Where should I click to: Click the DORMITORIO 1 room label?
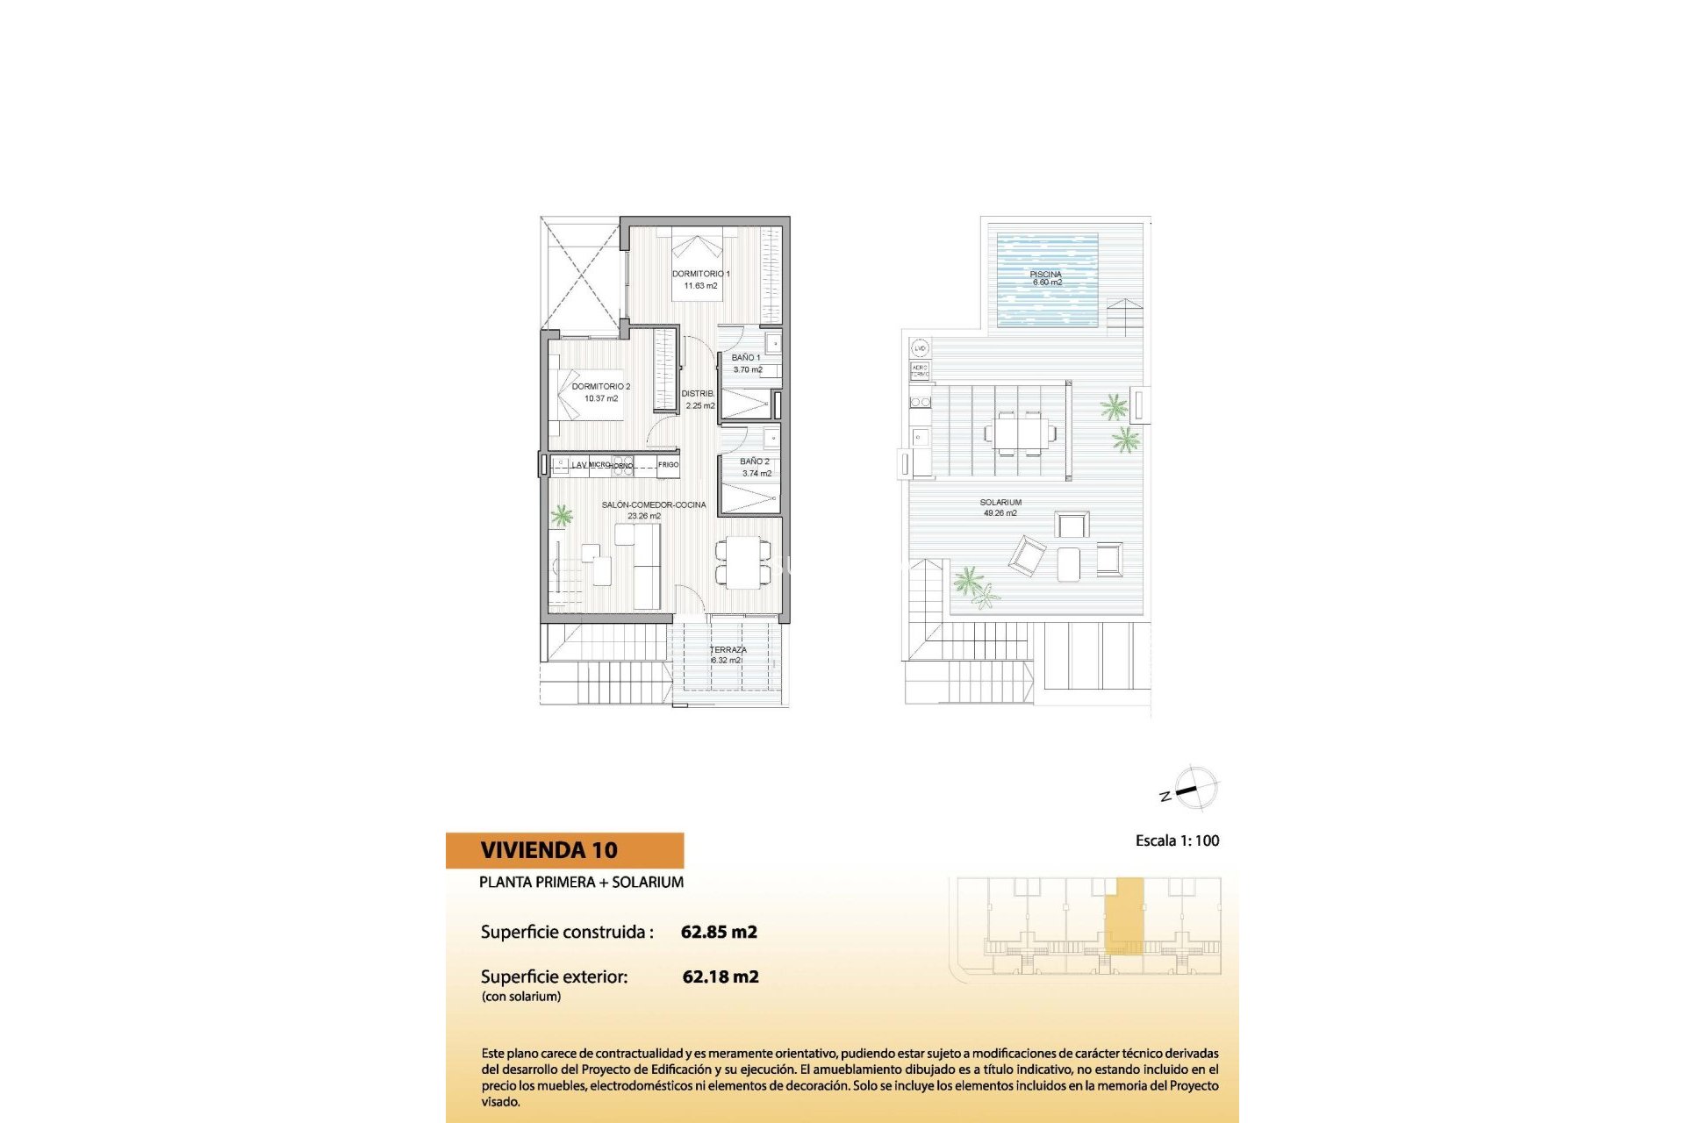700,275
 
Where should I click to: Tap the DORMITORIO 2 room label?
601,387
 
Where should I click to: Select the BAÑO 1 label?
746,358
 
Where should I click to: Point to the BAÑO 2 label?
755,461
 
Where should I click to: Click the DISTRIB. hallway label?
699,394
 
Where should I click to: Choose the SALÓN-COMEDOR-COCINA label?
653,505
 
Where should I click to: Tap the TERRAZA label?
728,650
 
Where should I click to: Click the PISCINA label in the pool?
1046,275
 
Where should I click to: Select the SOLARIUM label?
1000,503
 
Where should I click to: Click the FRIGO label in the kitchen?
668,465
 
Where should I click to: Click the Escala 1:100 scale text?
1177,840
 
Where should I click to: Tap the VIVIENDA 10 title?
549,850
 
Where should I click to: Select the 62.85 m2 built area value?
719,932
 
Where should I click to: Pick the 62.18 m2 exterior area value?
721,976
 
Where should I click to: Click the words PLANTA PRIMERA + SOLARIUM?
581,882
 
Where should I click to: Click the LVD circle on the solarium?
920,348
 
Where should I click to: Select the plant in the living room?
561,515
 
